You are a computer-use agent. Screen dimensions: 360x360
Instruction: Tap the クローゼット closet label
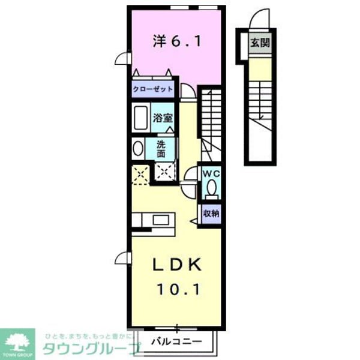click(x=154, y=89)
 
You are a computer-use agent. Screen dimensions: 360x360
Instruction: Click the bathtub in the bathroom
click(x=140, y=118)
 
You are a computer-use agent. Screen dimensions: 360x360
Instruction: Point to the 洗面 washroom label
click(x=161, y=149)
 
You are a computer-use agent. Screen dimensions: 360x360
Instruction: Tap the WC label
click(x=211, y=173)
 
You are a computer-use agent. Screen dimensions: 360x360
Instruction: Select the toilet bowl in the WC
click(x=211, y=189)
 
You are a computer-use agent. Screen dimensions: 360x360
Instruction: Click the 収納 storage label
click(x=211, y=213)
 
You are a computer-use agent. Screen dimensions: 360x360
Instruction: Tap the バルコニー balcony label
click(x=175, y=343)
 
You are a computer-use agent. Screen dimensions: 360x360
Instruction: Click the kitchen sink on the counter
click(x=160, y=220)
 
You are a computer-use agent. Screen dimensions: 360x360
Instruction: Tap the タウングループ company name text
click(x=90, y=348)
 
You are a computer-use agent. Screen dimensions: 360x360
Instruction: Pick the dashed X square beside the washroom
click(x=141, y=173)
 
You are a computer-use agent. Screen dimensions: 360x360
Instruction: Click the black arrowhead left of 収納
click(x=193, y=221)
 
